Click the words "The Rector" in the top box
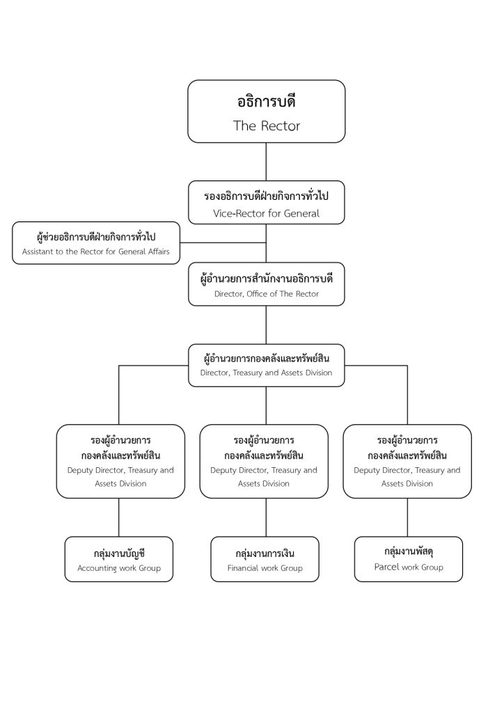click(267, 125)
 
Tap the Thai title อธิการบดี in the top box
click(267, 102)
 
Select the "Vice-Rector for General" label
click(267, 213)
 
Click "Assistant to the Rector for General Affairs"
click(96, 251)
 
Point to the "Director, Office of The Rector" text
click(267, 294)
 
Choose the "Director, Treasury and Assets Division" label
click(267, 373)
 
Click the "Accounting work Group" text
click(119, 568)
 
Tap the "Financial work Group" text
click(265, 568)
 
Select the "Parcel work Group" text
click(409, 567)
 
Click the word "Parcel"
click(387, 567)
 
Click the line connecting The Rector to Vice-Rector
click(267, 162)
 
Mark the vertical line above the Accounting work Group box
click(119, 517)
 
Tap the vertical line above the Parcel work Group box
click(407, 517)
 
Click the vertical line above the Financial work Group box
click(267, 517)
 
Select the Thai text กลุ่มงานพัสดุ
click(409, 551)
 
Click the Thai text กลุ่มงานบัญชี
click(119, 554)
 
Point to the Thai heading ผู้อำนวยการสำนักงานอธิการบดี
click(267, 279)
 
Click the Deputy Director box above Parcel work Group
click(407, 462)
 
